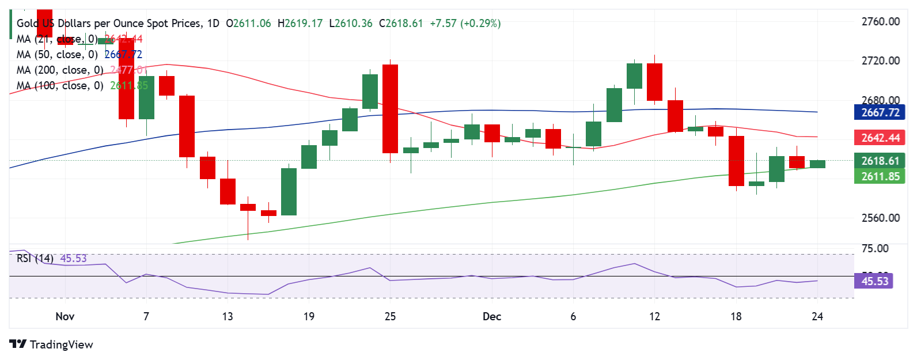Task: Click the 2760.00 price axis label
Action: point(880,22)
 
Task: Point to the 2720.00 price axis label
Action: point(880,60)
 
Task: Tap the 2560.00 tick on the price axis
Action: point(880,218)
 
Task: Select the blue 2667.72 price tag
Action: point(880,112)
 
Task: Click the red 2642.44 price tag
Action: point(880,138)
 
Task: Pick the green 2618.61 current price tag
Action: point(880,161)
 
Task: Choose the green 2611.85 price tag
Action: point(880,176)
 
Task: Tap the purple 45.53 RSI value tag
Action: point(874,281)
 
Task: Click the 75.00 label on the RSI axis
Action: point(874,248)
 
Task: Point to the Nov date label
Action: point(65,316)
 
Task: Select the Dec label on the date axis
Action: point(492,316)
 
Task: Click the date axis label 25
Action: point(390,316)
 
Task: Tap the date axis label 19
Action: point(309,316)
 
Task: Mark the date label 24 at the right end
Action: point(817,316)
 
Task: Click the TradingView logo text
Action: point(52,344)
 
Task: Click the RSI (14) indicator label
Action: point(35,259)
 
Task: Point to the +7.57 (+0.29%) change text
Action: point(465,24)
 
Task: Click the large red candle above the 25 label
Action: point(390,108)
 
